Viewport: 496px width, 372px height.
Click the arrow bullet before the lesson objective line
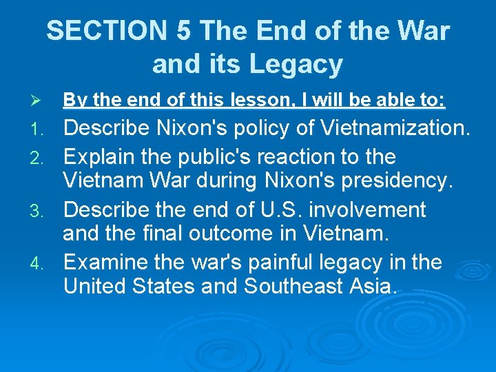point(39,101)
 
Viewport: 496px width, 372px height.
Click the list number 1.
point(40,129)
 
